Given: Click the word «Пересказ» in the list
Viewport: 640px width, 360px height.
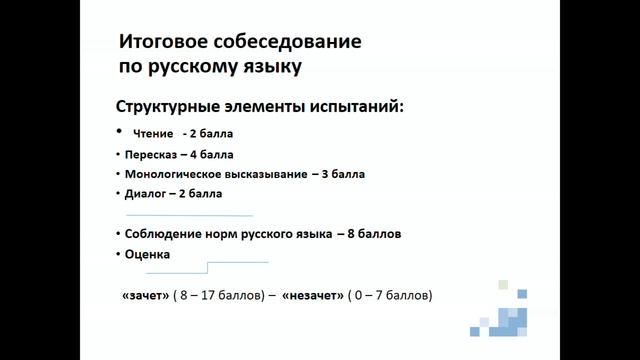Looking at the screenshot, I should coord(149,155).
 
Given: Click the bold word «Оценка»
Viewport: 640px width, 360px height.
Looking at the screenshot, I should coord(147,255).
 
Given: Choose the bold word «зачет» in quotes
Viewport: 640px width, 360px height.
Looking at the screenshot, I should coord(145,297).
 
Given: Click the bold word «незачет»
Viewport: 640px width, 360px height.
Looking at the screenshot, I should coord(313,297).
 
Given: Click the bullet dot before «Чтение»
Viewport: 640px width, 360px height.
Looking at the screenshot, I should coord(119,131).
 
